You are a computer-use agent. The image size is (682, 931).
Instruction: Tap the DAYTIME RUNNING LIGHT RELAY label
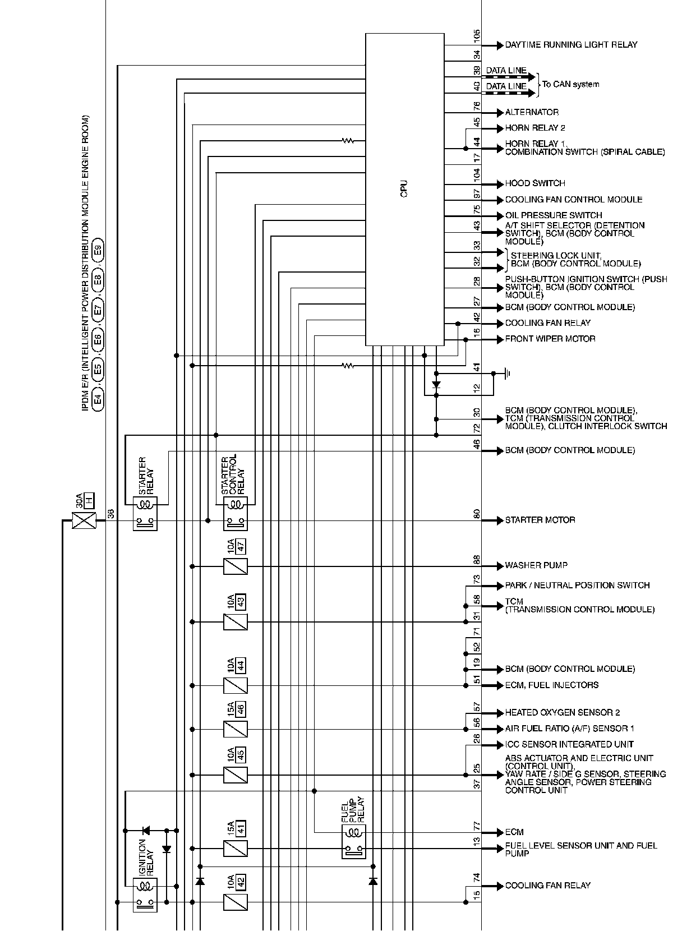571,45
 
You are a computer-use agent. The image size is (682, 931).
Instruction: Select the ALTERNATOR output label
532,112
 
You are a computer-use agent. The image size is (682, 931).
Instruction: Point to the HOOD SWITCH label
535,183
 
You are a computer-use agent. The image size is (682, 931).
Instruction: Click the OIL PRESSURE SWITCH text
554,215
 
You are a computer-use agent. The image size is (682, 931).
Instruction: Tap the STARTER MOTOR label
540,520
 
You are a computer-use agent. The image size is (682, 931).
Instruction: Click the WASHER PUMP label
536,565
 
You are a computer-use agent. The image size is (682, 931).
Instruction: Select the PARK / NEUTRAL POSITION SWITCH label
577,586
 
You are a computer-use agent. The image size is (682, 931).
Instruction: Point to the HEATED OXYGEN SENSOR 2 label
563,713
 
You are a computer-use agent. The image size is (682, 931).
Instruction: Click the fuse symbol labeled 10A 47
236,566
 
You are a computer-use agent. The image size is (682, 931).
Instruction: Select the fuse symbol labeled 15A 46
236,729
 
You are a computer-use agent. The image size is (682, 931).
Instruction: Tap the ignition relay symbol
145,895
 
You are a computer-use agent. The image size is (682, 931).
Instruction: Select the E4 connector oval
98,399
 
